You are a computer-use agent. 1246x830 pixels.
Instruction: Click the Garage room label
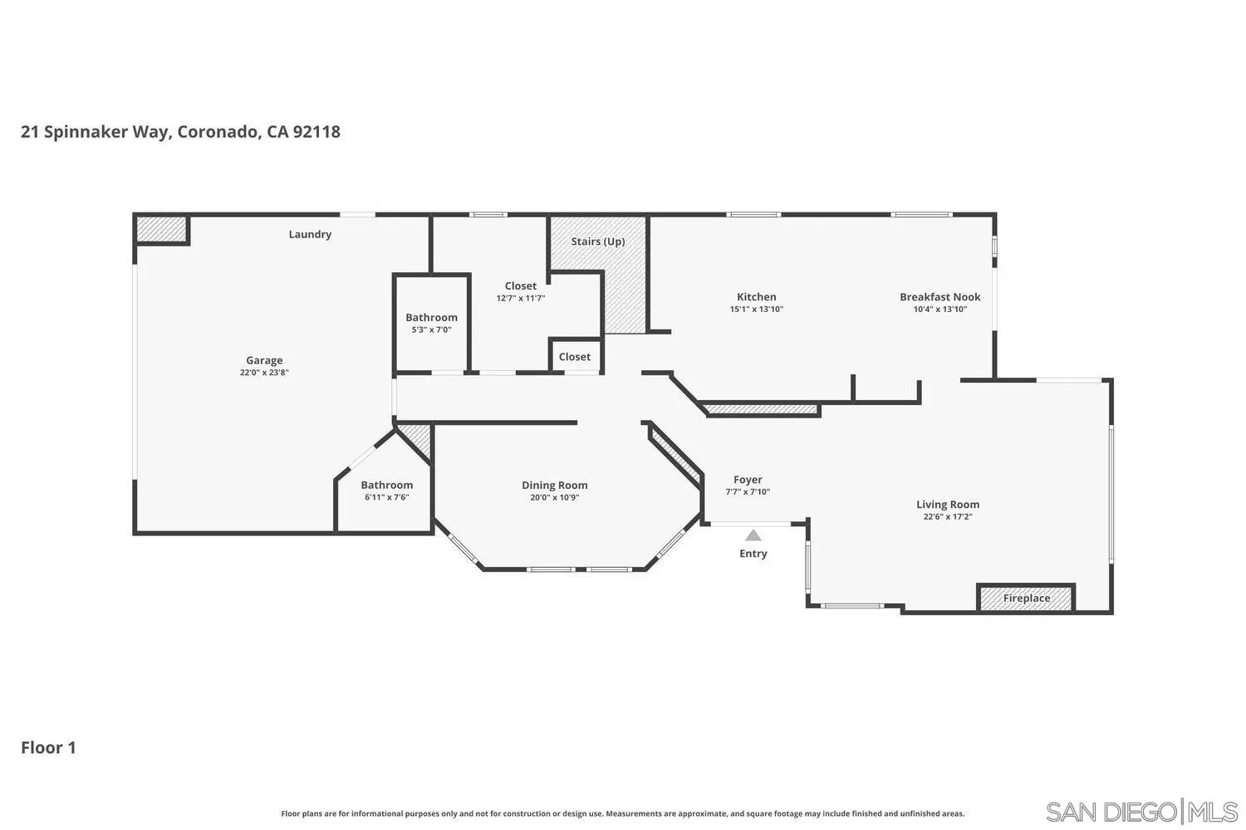[264, 360]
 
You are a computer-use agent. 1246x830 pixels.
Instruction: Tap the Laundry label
[310, 234]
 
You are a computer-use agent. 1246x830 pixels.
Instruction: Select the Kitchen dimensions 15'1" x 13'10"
[756, 310]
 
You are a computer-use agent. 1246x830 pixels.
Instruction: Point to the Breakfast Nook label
[939, 296]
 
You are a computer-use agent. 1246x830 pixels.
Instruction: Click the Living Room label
[947, 504]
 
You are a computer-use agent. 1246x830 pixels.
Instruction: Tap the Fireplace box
[1026, 598]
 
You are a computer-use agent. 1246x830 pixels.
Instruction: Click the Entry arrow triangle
[753, 535]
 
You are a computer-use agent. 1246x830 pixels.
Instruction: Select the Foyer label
[748, 479]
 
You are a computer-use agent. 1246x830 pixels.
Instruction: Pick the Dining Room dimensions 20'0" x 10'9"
[554, 498]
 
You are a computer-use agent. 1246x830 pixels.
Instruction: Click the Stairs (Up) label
[597, 242]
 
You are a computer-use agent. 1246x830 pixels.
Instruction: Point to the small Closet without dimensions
[575, 357]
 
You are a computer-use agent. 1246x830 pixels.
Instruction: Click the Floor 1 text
[48, 747]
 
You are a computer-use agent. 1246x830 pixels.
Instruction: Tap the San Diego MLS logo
[1141, 811]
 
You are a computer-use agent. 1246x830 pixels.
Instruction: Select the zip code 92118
[316, 131]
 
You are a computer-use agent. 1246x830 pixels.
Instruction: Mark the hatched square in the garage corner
[161, 229]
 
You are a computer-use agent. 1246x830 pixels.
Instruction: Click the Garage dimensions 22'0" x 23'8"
[264, 373]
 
